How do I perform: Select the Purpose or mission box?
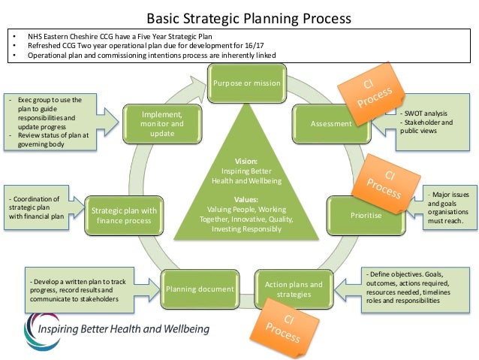pos(246,82)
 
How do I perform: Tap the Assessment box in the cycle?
pos(331,123)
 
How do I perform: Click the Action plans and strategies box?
pos(294,289)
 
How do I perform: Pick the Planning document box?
pos(199,289)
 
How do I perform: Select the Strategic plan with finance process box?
pos(124,215)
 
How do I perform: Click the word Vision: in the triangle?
pos(246,160)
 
